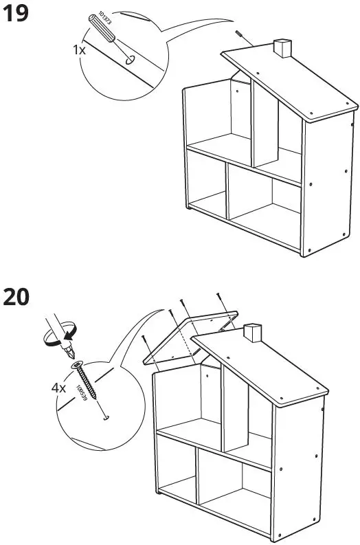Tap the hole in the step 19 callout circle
coord(128,60)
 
